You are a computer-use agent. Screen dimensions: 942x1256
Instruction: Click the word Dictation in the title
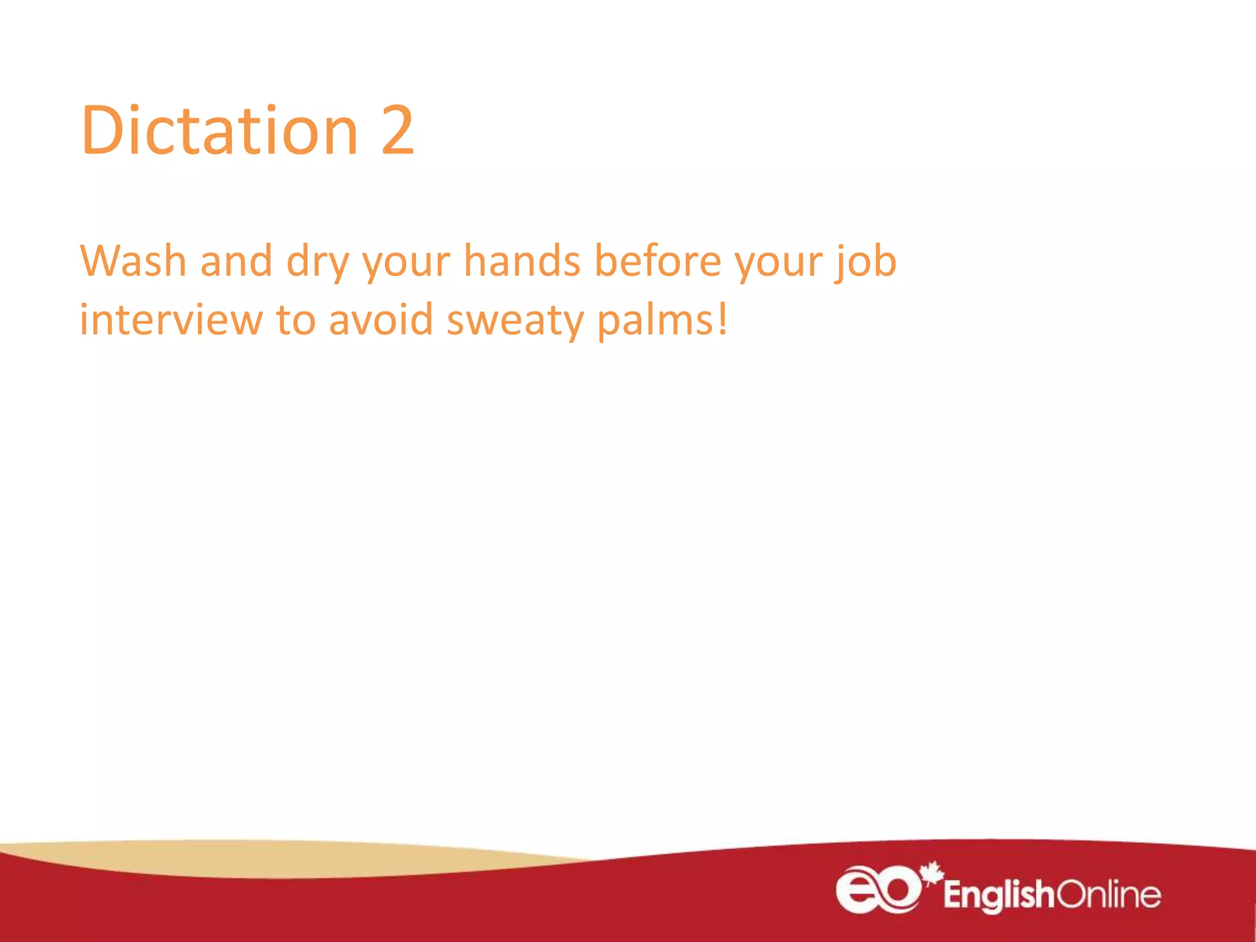[219, 131]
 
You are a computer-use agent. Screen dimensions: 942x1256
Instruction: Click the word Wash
[133, 261]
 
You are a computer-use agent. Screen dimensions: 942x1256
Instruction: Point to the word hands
[522, 261]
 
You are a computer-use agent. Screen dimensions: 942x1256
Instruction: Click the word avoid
[381, 320]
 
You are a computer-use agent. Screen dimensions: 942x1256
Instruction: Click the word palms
[654, 321]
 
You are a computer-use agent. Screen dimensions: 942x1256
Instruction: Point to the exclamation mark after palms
[723, 320]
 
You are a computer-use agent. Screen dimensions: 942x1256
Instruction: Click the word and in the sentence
[236, 261]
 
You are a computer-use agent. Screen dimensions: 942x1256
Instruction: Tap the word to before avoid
[295, 321]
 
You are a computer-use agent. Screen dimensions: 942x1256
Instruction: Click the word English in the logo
[998, 895]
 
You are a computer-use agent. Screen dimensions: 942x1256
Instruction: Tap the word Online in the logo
[1109, 895]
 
